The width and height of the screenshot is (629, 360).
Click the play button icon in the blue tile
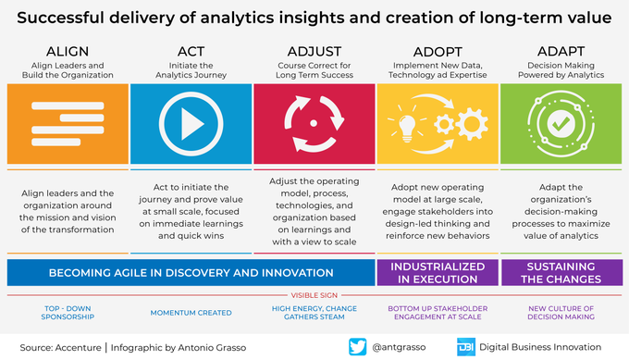tap(191, 124)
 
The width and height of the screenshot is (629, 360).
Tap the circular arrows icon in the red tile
tap(314, 124)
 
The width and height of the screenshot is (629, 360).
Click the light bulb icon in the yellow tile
tap(408, 124)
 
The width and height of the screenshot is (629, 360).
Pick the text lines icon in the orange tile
tap(68, 124)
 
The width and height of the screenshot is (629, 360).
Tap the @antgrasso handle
tap(403, 346)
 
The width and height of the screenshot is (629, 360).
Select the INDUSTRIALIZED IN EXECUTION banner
tap(437, 272)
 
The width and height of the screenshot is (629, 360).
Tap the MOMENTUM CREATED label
tap(191, 313)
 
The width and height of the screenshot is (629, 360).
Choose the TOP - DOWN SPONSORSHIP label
tap(68, 313)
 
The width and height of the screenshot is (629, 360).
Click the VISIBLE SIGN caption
tap(314, 296)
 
